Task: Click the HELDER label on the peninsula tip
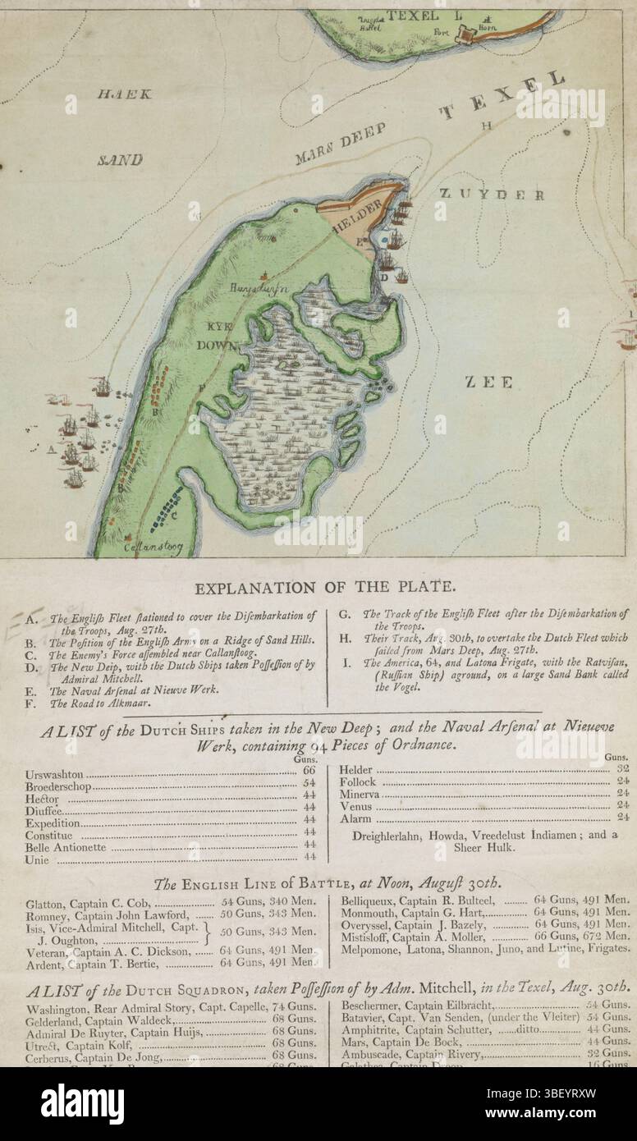point(355,218)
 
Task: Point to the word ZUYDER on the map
point(491,195)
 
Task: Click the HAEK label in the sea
point(124,94)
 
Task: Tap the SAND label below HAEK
point(119,159)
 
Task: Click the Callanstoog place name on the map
point(152,545)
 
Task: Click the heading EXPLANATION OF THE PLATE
point(324,587)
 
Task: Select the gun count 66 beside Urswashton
point(309,772)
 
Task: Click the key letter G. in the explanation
point(345,613)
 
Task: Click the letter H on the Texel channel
point(487,126)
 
